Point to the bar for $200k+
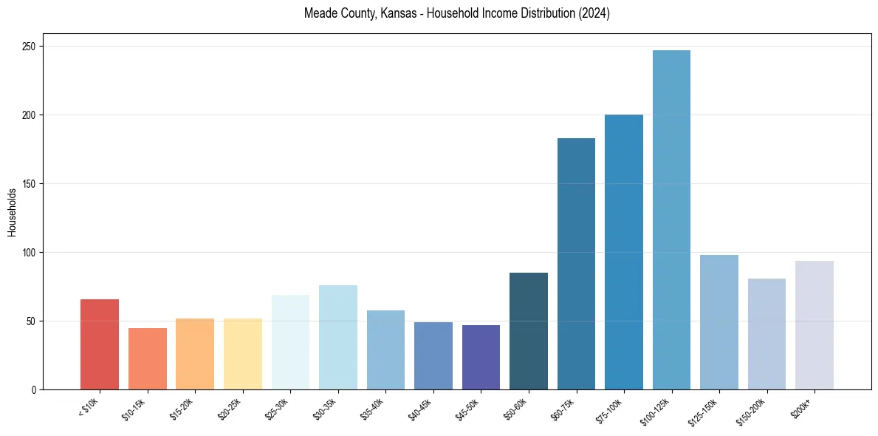(x=814, y=325)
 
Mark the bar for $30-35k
(x=337, y=337)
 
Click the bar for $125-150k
(x=719, y=322)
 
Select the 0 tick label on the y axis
(x=34, y=390)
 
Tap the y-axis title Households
(x=13, y=212)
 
